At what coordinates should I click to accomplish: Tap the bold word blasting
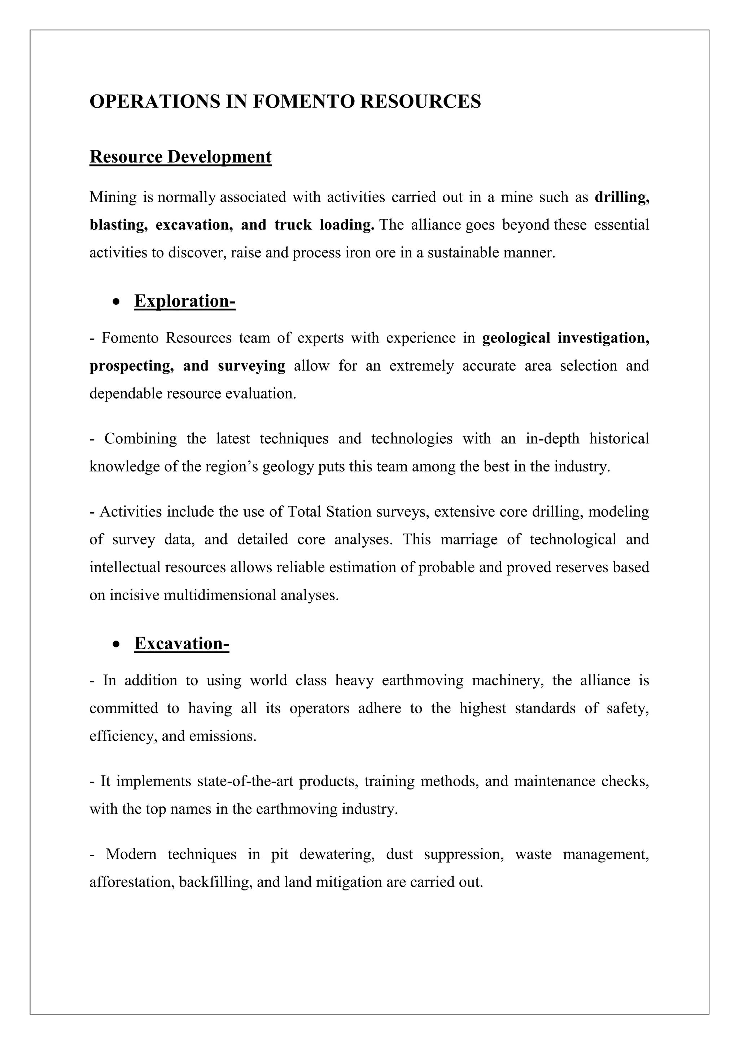pyautogui.click(x=118, y=225)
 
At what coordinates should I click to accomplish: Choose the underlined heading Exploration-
pyautogui.click(x=185, y=301)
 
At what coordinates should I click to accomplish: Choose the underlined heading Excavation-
pyautogui.click(x=182, y=643)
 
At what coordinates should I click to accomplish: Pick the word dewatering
pyautogui.click(x=337, y=854)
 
